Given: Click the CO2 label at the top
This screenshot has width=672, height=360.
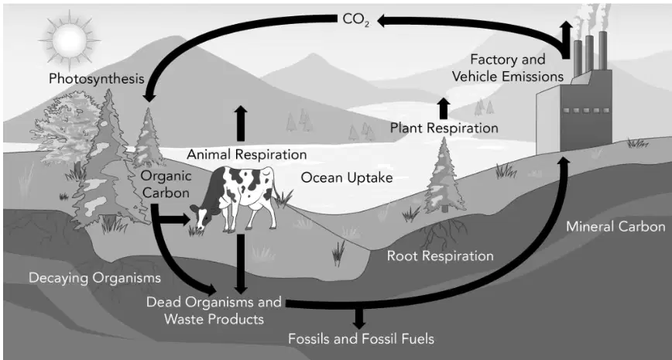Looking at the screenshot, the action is pyautogui.click(x=355, y=19).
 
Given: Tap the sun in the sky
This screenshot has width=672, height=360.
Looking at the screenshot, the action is pyautogui.click(x=70, y=41).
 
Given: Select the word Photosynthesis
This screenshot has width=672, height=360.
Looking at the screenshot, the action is pyautogui.click(x=97, y=79).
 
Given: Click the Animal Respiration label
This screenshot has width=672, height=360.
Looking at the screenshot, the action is pyautogui.click(x=247, y=154).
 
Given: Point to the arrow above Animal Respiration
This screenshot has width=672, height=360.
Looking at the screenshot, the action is pyautogui.click(x=241, y=123).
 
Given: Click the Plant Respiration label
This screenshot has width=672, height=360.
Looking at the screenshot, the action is pyautogui.click(x=444, y=129).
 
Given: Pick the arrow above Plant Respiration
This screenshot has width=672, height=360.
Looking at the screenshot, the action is pyautogui.click(x=444, y=108).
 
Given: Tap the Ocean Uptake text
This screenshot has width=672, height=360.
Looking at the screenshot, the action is pyautogui.click(x=347, y=177).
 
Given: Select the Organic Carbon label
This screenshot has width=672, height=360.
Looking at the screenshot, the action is pyautogui.click(x=166, y=184).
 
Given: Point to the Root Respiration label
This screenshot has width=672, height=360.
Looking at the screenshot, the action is pyautogui.click(x=441, y=256).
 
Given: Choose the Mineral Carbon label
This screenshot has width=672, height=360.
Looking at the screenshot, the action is pyautogui.click(x=615, y=226).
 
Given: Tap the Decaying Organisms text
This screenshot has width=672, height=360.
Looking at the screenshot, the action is pyautogui.click(x=94, y=278).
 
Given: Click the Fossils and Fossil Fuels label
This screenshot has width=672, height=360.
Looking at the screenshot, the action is pyautogui.click(x=361, y=339).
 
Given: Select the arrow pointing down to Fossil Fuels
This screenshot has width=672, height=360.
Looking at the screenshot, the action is pyautogui.click(x=359, y=318).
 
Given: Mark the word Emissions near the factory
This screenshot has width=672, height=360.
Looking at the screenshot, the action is pyautogui.click(x=535, y=77).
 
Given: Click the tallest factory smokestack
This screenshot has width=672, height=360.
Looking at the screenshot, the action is pyautogui.click(x=603, y=50).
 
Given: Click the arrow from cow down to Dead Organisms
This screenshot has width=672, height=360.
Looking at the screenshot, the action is pyautogui.click(x=241, y=263).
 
